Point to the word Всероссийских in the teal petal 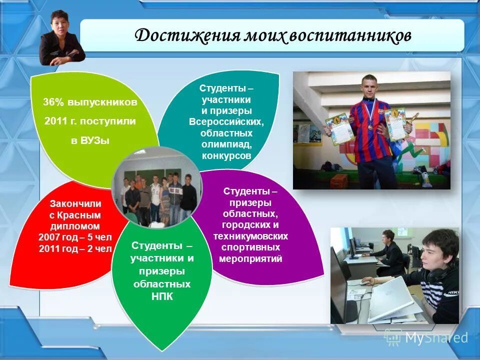coord(226,122)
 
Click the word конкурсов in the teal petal coord(226,156)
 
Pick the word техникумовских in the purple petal coord(250,236)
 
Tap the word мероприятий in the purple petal coord(250,259)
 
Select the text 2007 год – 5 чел coord(75,237)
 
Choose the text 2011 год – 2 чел coord(75,248)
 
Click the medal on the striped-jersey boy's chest coord(370,127)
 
